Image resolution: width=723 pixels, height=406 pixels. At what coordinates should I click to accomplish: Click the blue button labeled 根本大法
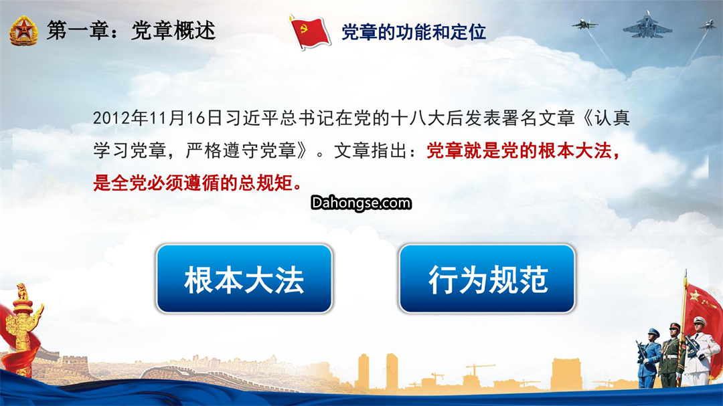(244, 279)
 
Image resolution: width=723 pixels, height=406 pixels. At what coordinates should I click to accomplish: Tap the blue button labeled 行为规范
(487, 279)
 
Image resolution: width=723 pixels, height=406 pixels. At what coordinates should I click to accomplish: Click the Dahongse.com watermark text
(361, 203)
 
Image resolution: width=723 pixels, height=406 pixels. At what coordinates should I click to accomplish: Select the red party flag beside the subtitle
(309, 32)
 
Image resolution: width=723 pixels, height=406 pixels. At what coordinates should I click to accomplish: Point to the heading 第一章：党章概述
(131, 31)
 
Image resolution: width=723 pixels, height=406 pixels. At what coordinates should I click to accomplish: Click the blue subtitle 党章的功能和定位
(414, 32)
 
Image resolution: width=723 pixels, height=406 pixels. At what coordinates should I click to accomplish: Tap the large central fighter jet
(647, 26)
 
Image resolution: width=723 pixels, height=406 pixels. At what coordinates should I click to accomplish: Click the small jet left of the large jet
(584, 25)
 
